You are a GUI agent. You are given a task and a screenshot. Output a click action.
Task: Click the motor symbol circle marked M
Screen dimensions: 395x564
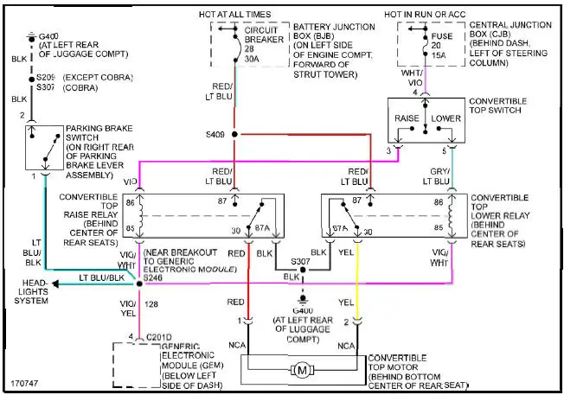tap(302, 370)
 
